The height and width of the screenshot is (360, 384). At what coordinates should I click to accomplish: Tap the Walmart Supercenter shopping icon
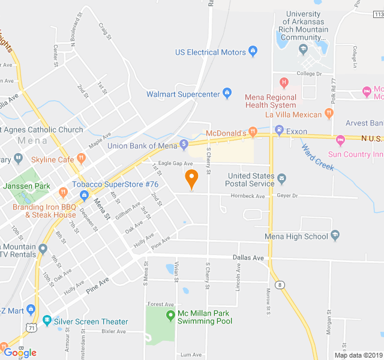227,94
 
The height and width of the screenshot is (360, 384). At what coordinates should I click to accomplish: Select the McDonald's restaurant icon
253,132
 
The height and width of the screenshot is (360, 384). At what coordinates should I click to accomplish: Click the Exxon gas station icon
278,131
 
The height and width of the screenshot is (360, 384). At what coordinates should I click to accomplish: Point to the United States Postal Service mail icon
282,179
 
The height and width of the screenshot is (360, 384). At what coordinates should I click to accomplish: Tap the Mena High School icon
335,236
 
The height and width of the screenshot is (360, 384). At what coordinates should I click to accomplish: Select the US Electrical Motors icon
253,52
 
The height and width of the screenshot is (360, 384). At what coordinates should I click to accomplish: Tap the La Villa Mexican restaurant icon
328,112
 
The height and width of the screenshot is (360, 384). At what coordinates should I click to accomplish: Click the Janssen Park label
26,186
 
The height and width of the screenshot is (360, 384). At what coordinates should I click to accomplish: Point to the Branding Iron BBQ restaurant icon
63,192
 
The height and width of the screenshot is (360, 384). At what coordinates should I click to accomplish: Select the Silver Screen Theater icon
47,322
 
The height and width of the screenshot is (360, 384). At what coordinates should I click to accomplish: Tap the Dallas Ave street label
248,257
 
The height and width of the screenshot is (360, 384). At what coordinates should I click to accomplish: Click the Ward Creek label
317,157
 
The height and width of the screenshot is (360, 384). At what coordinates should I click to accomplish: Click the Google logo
20,353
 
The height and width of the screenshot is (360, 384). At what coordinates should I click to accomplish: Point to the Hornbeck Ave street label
248,196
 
